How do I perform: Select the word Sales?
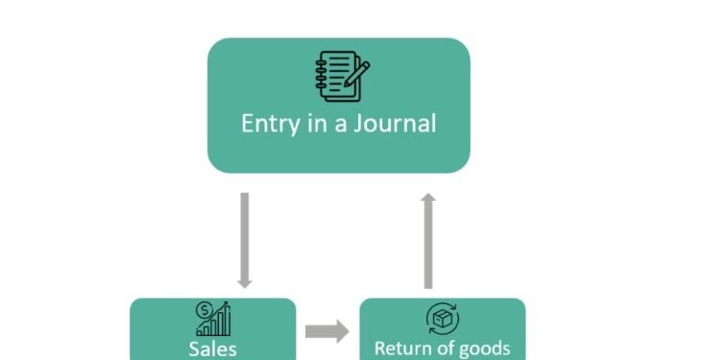click(213, 348)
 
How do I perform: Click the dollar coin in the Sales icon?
click(204, 310)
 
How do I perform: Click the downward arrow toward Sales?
click(244, 239)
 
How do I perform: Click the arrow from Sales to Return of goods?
click(327, 332)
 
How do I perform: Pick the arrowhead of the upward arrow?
click(428, 198)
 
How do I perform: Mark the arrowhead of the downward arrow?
click(244, 282)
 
